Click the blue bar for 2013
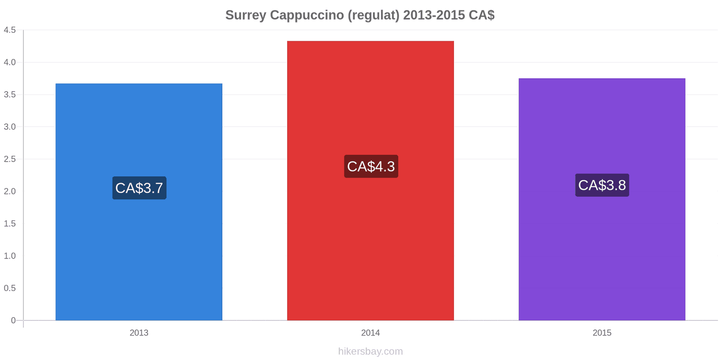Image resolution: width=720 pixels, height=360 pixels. pyautogui.click(x=139, y=202)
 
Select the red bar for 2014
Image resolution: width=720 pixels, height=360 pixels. pyautogui.click(x=370, y=180)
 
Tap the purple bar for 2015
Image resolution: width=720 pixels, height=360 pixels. pyautogui.click(x=602, y=199)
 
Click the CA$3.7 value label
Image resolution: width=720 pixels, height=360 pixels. pyautogui.click(x=139, y=188)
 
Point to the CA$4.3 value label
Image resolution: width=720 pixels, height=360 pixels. pyautogui.click(x=371, y=166)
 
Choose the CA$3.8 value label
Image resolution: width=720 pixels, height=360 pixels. pyautogui.click(x=602, y=185)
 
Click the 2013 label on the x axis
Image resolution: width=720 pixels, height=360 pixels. pyautogui.click(x=139, y=333)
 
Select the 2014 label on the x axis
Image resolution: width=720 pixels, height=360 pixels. pyautogui.click(x=370, y=333)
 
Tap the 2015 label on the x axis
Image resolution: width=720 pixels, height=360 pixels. pyautogui.click(x=602, y=333)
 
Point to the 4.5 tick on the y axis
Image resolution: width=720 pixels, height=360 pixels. pyautogui.click(x=9, y=30)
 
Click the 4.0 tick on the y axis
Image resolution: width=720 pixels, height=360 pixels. pyautogui.click(x=9, y=63)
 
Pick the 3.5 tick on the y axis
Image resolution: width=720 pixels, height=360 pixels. pyautogui.click(x=9, y=94)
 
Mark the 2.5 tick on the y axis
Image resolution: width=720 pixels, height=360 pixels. pyautogui.click(x=9, y=159)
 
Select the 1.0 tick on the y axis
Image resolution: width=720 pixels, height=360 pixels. pyautogui.click(x=9, y=256)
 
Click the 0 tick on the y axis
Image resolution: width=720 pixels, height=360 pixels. pyautogui.click(x=13, y=320)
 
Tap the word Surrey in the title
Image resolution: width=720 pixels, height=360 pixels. pyautogui.click(x=246, y=15)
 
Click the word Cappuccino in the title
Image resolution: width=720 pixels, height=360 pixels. pyautogui.click(x=307, y=15)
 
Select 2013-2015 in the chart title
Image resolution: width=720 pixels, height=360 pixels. pyautogui.click(x=434, y=15)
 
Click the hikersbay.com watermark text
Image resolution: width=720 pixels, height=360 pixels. pyautogui.click(x=370, y=351)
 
